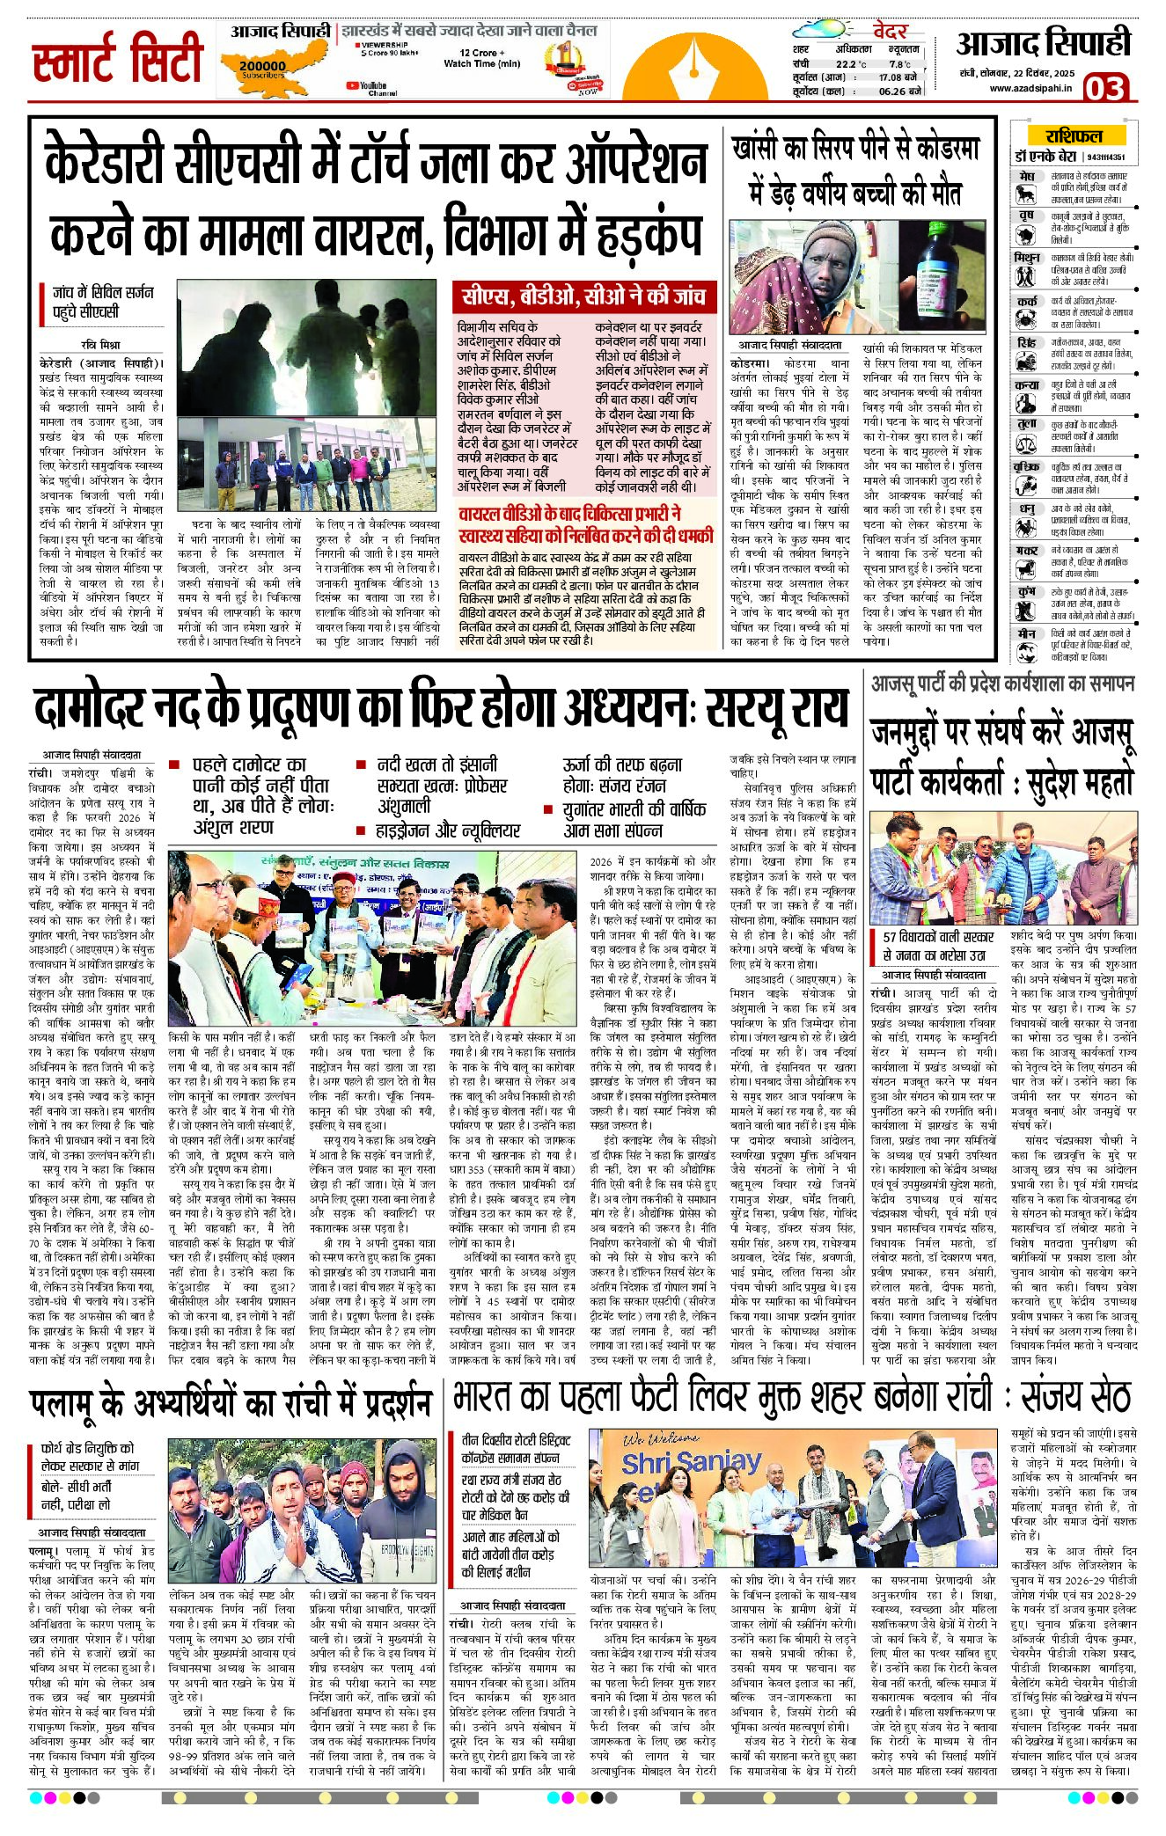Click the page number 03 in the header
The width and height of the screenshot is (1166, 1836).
[x=1104, y=88]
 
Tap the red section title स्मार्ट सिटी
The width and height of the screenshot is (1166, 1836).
[x=118, y=59]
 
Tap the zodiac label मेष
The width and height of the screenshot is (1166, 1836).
[x=1026, y=177]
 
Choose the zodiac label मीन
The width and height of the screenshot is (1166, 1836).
[x=1026, y=633]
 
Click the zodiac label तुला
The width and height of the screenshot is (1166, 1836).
[x=1026, y=424]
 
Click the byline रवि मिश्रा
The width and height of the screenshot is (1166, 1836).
[x=100, y=345]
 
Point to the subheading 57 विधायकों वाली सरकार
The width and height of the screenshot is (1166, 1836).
[x=938, y=937]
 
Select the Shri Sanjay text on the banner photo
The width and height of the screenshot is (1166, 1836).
[x=691, y=1463]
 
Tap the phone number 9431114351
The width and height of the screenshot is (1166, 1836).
[x=1105, y=157]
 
